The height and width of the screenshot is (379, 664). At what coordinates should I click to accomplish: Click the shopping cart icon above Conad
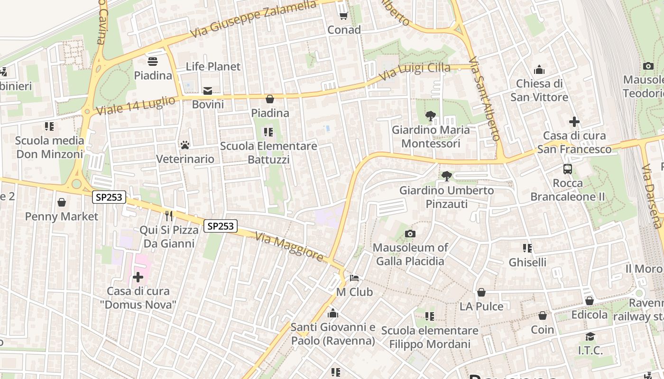tap(343, 16)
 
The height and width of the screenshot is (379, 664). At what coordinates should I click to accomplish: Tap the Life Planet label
tap(213, 66)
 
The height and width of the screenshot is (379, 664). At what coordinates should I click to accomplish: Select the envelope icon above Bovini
tap(208, 90)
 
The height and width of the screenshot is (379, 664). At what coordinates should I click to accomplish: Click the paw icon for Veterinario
tap(185, 144)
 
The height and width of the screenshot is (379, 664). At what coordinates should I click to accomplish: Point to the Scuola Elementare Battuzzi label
tap(268, 153)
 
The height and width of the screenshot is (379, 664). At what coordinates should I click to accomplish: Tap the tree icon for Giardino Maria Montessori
tap(431, 116)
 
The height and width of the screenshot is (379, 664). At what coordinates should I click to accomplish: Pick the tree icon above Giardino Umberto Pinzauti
tap(446, 176)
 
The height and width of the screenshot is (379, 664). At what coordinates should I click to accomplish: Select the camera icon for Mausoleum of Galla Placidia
tap(410, 234)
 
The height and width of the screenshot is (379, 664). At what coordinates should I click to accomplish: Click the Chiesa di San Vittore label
tap(539, 90)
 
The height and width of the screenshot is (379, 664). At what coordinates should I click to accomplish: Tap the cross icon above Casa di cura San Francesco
tap(574, 122)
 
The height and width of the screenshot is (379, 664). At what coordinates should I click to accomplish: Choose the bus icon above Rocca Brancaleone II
tap(567, 169)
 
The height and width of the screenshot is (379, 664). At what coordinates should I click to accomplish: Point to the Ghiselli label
tap(527, 262)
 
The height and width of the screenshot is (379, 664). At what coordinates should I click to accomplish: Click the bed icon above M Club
tap(354, 278)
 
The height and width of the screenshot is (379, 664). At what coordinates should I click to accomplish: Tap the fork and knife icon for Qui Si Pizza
tap(169, 216)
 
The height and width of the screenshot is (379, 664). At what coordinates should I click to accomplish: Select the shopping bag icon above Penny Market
tap(62, 203)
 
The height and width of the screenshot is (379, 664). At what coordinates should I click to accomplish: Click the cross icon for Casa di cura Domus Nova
tap(138, 277)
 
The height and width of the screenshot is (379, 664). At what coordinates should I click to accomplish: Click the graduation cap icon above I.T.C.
tap(590, 336)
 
